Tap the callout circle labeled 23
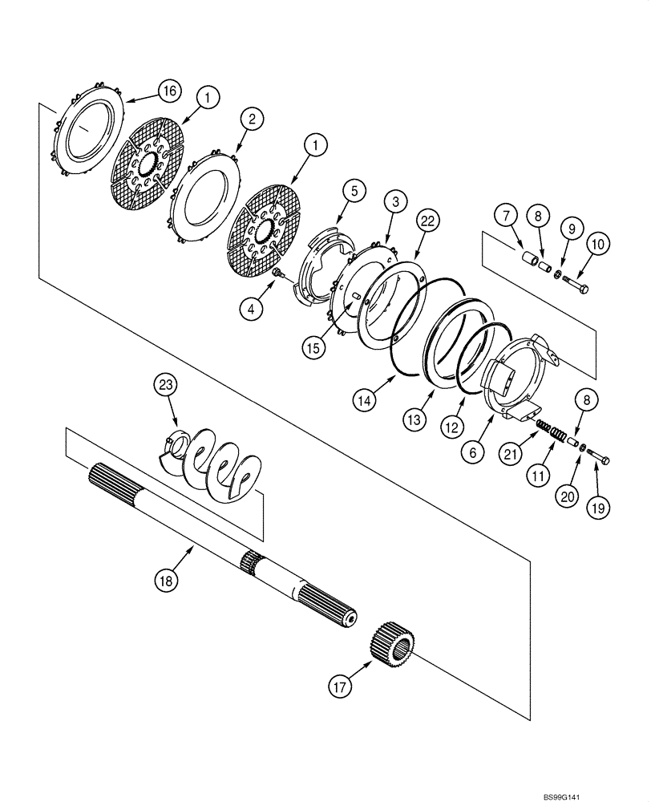tap(165, 387)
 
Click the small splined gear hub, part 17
tap(393, 644)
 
